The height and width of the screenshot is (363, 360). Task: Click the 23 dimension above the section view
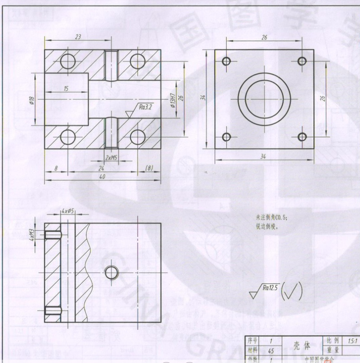click(x=78, y=37)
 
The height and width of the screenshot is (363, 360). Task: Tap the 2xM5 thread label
click(x=111, y=158)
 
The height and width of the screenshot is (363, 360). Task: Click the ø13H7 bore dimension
click(x=172, y=96)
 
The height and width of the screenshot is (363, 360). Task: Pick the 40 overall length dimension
click(x=102, y=177)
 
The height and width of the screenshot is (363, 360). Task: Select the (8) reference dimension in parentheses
click(x=149, y=168)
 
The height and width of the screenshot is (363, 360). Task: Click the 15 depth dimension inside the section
click(x=67, y=88)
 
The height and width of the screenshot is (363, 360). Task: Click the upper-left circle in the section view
click(x=68, y=61)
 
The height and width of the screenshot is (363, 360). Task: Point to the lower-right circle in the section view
click(x=138, y=137)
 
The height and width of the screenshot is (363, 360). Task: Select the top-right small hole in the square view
click(x=302, y=61)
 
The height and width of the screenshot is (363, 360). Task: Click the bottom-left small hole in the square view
click(x=227, y=137)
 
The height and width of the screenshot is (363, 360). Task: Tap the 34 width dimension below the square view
click(x=263, y=157)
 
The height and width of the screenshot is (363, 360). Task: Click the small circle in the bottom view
click(x=112, y=272)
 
